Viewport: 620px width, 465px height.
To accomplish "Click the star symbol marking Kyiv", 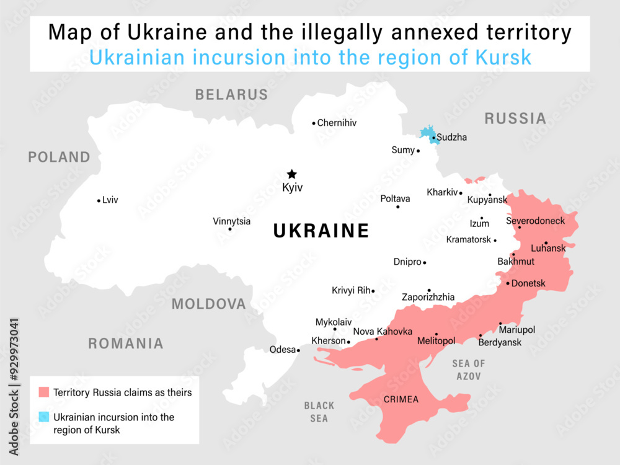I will click(291, 174).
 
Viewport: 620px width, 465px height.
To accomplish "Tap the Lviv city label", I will click(110, 200).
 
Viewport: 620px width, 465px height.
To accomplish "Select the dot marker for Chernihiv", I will click(314, 123).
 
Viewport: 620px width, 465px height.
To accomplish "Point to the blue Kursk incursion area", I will click(427, 133).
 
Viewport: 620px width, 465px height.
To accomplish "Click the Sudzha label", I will click(452, 137).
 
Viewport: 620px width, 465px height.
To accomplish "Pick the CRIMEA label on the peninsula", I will click(401, 399).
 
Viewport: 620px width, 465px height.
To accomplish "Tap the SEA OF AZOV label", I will click(469, 370).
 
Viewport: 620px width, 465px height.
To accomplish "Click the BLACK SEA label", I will click(319, 412).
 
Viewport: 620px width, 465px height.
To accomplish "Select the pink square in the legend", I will click(43, 392).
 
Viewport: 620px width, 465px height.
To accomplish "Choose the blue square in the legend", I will click(43, 417).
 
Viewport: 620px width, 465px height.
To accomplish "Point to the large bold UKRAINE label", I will click(321, 231).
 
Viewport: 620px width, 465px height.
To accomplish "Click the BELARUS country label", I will click(231, 95).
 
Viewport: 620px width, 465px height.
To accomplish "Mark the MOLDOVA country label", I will click(208, 304).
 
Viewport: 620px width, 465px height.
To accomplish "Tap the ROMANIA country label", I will click(126, 343).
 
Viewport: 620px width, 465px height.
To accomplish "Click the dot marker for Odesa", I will click(298, 350).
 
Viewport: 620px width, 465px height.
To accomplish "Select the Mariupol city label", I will click(517, 330).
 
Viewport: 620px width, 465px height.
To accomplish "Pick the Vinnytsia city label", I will click(232, 221).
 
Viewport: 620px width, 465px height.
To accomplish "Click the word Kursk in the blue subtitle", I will click(505, 57).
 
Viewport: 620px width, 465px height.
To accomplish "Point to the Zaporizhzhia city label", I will click(428, 297).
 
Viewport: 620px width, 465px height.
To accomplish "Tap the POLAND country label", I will click(59, 157).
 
